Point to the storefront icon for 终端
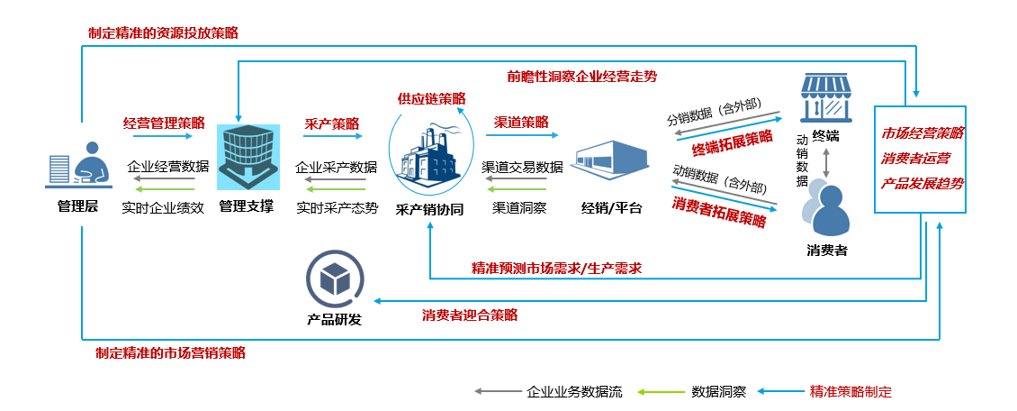(826, 98)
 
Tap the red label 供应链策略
(432, 98)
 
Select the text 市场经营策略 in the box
(922, 132)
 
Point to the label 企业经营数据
(168, 167)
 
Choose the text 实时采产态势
(337, 207)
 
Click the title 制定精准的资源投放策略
(163, 32)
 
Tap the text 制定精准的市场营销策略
(170, 353)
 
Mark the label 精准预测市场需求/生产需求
(556, 269)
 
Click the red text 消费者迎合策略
(470, 315)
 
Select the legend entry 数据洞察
(718, 392)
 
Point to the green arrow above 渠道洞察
(517, 188)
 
